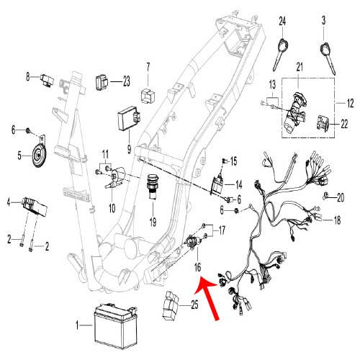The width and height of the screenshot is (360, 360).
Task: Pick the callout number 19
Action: click(x=153, y=221)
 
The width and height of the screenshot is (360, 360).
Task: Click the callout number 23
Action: click(x=126, y=81)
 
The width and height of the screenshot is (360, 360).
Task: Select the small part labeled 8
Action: click(x=49, y=76)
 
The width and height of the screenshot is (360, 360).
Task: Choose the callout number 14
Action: click(x=238, y=184)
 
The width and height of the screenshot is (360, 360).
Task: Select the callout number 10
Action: click(x=112, y=208)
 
